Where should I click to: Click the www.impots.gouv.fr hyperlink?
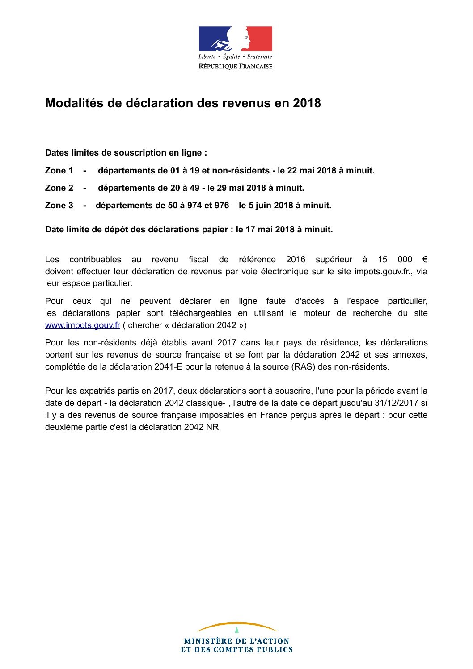point(82,325)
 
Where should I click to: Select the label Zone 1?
point(59,171)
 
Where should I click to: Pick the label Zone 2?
point(59,188)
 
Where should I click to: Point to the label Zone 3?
point(59,206)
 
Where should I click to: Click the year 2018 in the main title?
point(307,103)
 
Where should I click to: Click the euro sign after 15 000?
point(424,260)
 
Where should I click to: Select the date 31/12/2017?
point(396,403)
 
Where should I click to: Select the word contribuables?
point(95,260)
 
